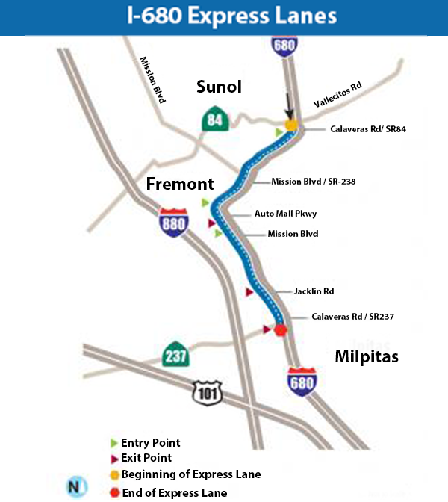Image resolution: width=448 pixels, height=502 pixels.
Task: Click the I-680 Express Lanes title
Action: [223, 17]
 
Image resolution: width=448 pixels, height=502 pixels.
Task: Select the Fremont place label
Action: [180, 184]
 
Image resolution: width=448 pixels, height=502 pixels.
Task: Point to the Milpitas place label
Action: [366, 356]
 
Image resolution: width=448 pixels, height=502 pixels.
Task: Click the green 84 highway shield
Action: [215, 120]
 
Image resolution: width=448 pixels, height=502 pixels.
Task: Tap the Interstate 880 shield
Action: [173, 223]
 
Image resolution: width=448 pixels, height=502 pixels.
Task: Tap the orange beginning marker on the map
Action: [292, 125]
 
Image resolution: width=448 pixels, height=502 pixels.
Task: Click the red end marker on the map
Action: [281, 330]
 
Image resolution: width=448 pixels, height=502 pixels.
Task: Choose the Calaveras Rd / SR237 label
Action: [352, 317]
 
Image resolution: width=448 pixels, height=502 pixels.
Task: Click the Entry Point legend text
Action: [150, 443]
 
